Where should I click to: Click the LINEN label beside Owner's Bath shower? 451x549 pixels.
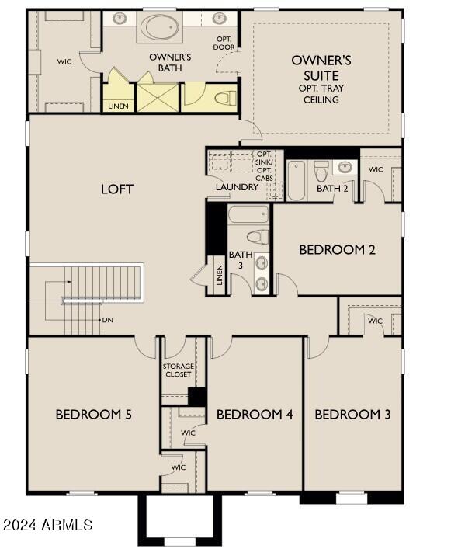pyautogui.click(x=119, y=106)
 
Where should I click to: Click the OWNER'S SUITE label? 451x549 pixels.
pyautogui.click(x=321, y=68)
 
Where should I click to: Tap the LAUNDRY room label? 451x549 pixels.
pyautogui.click(x=238, y=187)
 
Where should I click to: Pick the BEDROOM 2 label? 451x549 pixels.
pyautogui.click(x=338, y=249)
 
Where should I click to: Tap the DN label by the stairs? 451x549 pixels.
pyautogui.click(x=108, y=320)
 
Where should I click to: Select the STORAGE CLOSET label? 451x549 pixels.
pyautogui.click(x=179, y=370)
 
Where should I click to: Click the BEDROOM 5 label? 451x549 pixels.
pyautogui.click(x=93, y=414)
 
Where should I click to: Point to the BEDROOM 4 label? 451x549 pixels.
pyautogui.click(x=255, y=414)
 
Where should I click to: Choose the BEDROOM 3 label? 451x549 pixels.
pyautogui.click(x=352, y=414)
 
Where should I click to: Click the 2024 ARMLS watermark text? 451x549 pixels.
pyautogui.click(x=48, y=526)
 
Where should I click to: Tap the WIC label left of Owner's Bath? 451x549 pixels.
pyautogui.click(x=64, y=61)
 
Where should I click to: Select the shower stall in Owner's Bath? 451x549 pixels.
pyautogui.click(x=158, y=97)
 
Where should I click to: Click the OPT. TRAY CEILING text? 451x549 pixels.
pyautogui.click(x=321, y=95)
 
